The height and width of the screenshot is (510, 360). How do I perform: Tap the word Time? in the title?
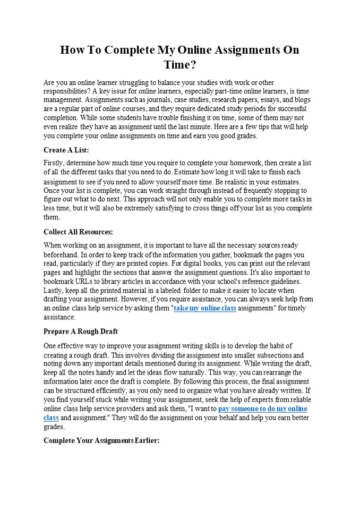pyautogui.click(x=180, y=65)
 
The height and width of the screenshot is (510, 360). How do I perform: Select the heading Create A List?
pyautogui.click(x=66, y=150)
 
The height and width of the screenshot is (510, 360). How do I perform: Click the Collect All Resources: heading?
pyautogui.click(x=78, y=232)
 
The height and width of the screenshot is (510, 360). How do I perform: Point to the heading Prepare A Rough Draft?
pyautogui.click(x=81, y=331)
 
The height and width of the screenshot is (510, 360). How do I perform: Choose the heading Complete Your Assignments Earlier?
pyautogui.click(x=101, y=441)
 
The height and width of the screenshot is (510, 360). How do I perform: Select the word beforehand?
pyautogui.click(x=61, y=254)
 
